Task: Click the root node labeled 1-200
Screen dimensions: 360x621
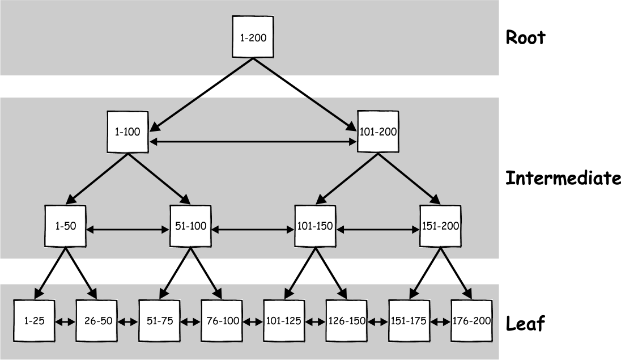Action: pyautogui.click(x=253, y=37)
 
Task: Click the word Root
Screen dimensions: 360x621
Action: pyautogui.click(x=525, y=37)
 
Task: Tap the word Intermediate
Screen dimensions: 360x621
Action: pyautogui.click(x=562, y=178)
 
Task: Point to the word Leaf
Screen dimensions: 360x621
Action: pyautogui.click(x=525, y=324)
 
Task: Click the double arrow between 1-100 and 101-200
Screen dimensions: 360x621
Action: pyautogui.click(x=253, y=142)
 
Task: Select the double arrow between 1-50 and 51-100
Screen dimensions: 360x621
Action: pyautogui.click(x=128, y=230)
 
